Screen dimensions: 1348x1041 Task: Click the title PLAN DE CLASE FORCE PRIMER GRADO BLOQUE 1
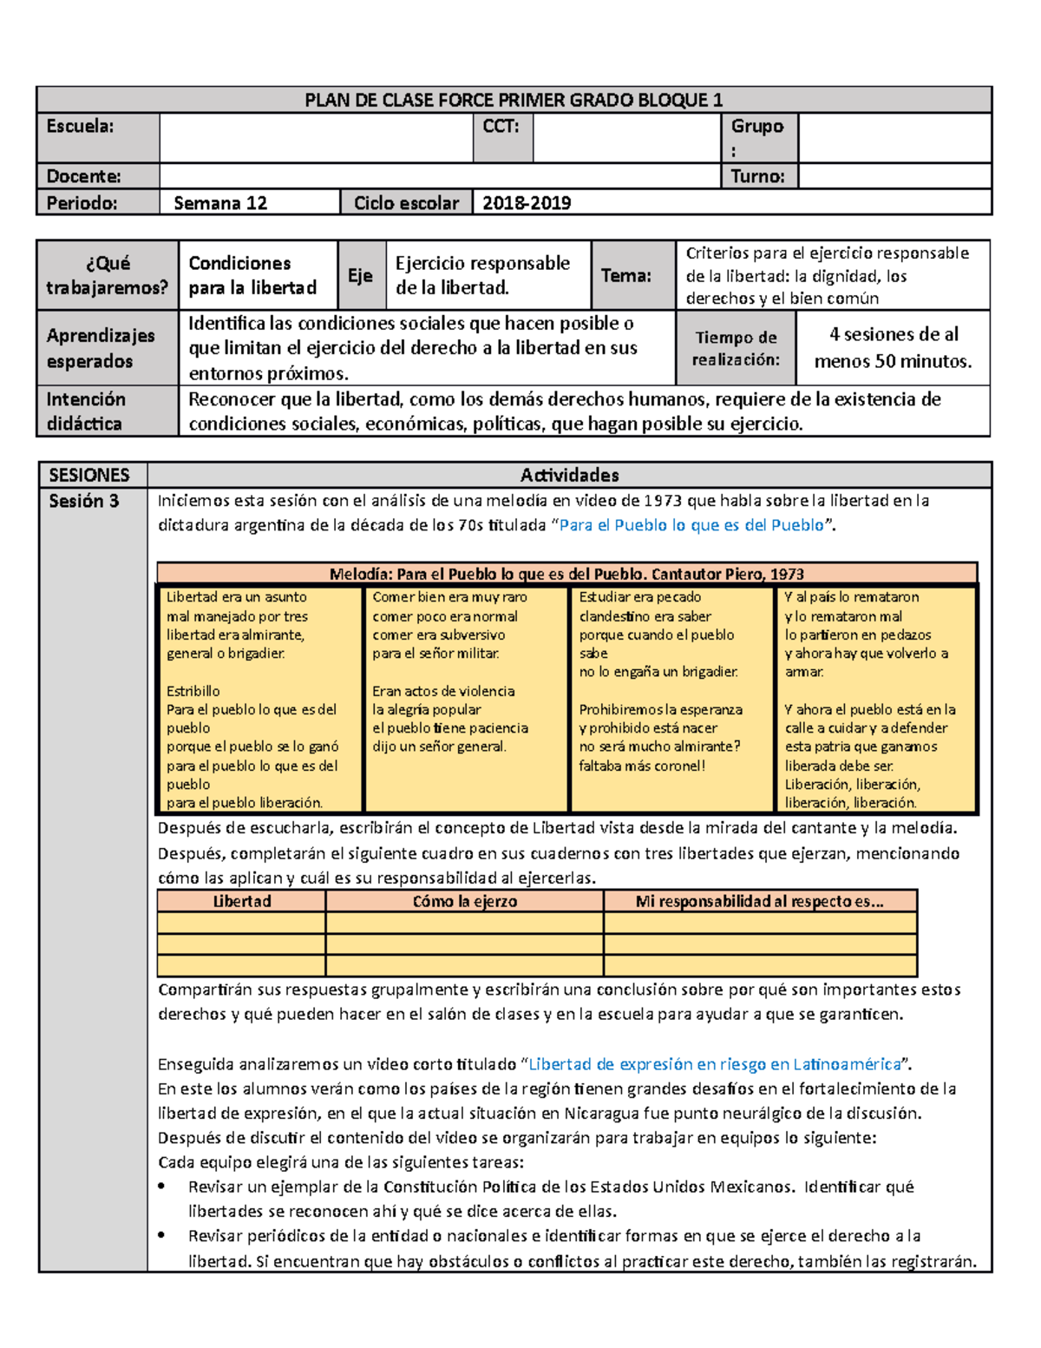click(514, 100)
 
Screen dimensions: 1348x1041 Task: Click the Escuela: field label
click(80, 126)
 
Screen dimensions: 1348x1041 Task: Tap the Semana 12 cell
click(220, 203)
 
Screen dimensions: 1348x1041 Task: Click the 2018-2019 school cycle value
click(527, 203)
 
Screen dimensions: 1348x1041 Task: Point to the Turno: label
click(757, 176)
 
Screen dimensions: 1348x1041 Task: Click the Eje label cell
click(360, 275)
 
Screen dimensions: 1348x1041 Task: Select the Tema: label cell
click(625, 275)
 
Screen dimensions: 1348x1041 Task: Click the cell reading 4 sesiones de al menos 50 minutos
click(893, 347)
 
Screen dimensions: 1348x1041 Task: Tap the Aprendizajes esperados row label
click(101, 347)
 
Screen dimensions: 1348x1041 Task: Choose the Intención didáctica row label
click(86, 411)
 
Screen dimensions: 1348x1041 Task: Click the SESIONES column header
click(89, 475)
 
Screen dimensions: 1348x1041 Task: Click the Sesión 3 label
click(83, 501)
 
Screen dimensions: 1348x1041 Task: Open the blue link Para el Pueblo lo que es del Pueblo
click(691, 525)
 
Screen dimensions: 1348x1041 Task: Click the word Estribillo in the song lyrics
click(193, 691)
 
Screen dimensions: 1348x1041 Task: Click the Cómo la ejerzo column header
click(465, 901)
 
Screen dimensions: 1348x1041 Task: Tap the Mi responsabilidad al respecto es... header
click(759, 901)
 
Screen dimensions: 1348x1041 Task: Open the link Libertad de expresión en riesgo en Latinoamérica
click(715, 1064)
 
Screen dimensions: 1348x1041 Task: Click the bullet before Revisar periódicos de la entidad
click(162, 1235)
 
